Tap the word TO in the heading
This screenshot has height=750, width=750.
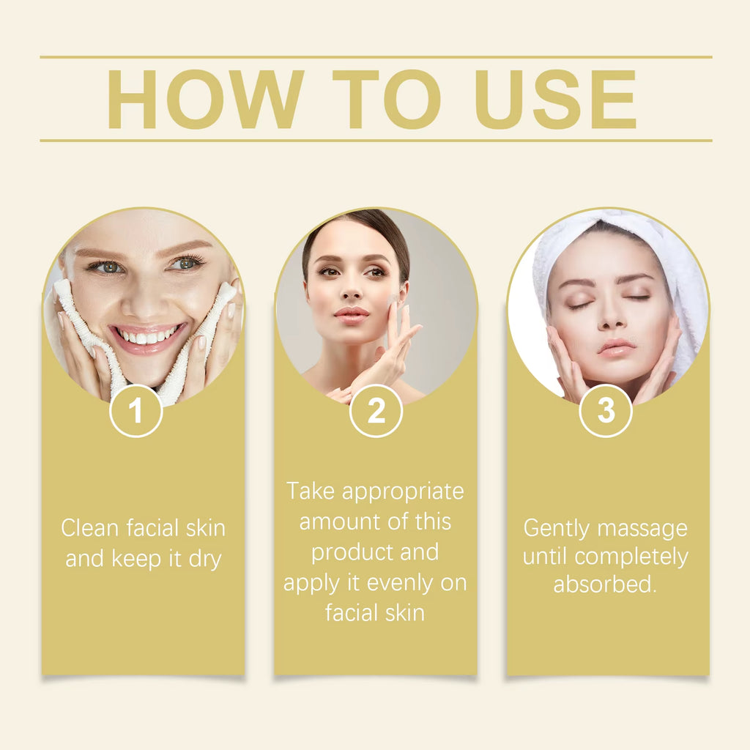click(x=386, y=100)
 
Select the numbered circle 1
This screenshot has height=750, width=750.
click(x=136, y=412)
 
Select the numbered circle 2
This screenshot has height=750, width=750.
click(x=376, y=412)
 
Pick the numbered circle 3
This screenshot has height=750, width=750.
click(x=606, y=412)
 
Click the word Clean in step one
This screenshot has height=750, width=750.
click(x=90, y=527)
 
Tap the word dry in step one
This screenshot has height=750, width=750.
click(x=204, y=559)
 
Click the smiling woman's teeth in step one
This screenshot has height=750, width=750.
click(x=146, y=338)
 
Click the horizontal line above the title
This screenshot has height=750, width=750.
click(x=376, y=56)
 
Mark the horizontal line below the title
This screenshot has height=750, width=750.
click(x=376, y=140)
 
